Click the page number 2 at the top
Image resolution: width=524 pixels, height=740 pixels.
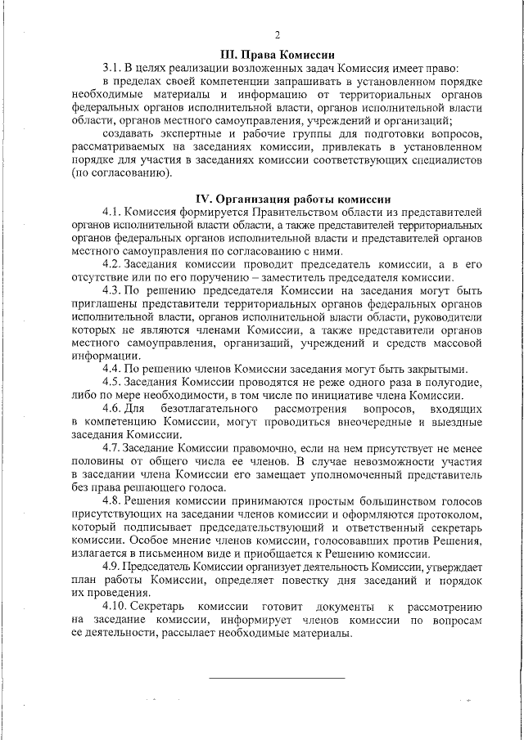278,35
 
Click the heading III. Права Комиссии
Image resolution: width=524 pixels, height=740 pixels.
278,53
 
